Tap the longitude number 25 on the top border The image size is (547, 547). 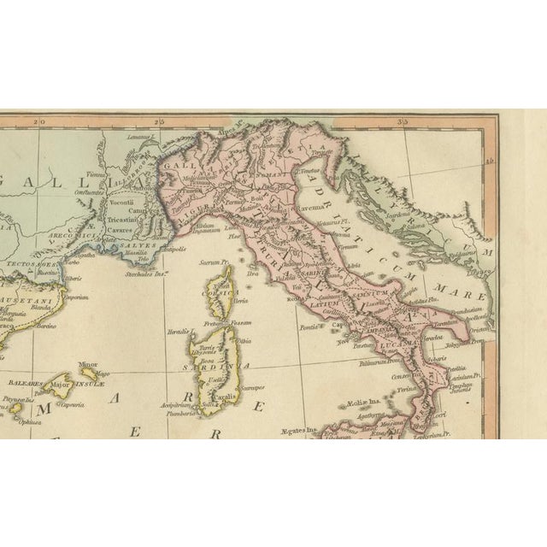(x=157, y=122)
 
